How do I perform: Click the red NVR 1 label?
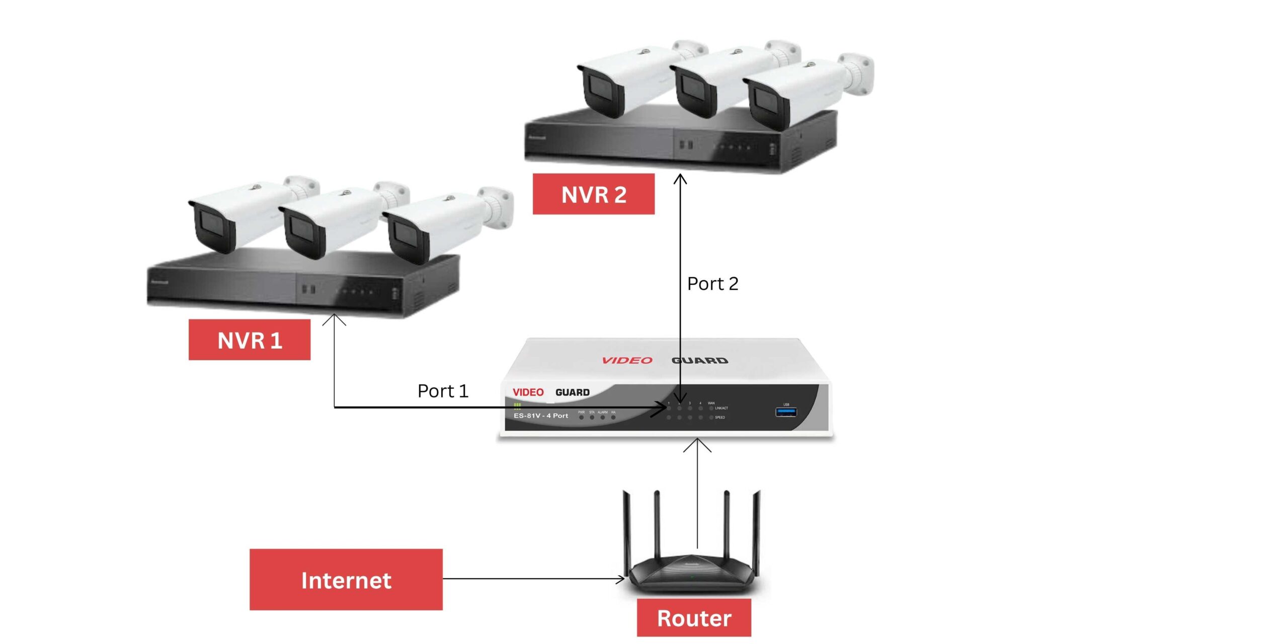(249, 340)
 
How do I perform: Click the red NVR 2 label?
(594, 194)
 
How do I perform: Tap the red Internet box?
(346, 580)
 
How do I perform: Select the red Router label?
(694, 618)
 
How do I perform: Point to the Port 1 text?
(443, 391)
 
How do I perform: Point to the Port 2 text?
(712, 284)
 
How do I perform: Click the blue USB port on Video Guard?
(786, 413)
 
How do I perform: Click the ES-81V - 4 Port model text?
(541, 416)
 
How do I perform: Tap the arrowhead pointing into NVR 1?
(334, 318)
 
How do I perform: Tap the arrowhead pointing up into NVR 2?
(680, 179)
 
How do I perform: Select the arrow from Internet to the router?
(533, 579)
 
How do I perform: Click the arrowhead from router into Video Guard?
(697, 444)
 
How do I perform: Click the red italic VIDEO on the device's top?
(627, 360)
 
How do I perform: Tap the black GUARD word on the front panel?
(573, 392)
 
